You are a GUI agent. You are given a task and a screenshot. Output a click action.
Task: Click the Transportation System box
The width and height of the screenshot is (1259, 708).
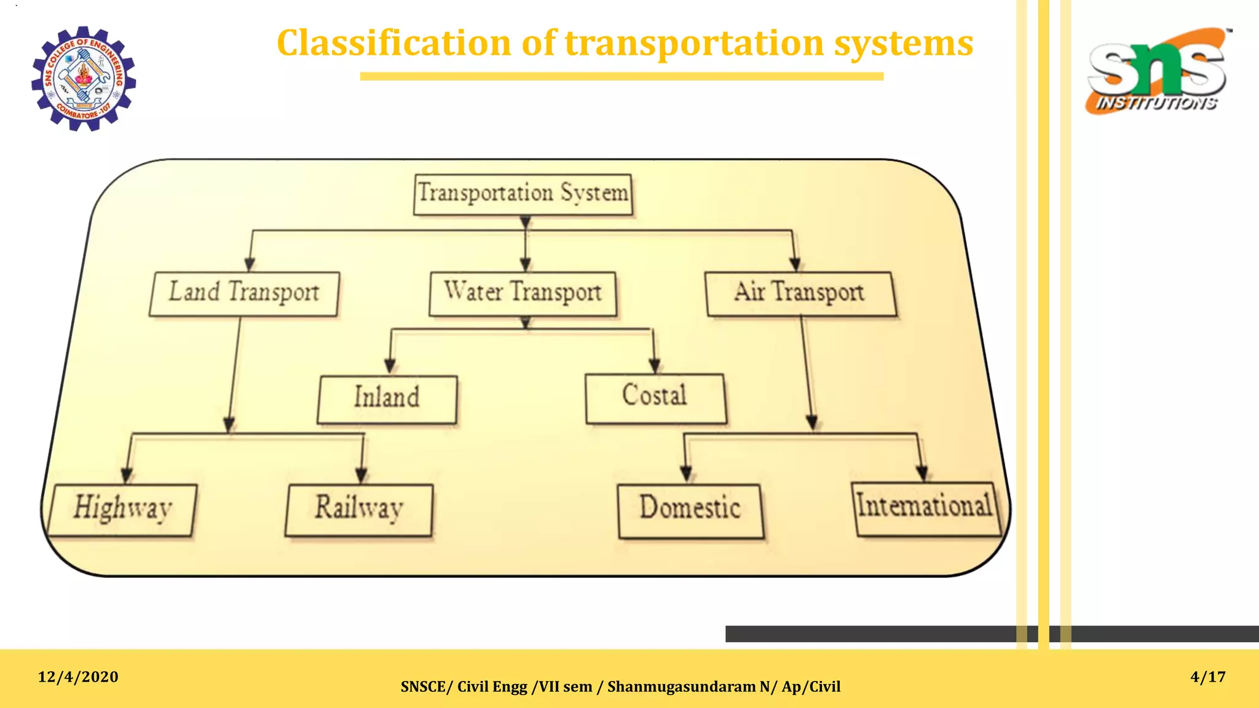523,194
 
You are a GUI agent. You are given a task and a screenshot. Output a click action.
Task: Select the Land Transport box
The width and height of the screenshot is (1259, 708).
244,294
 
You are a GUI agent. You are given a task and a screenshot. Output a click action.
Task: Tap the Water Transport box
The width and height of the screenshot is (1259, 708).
523,294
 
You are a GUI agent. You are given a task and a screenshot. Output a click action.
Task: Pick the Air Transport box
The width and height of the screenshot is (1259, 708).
800,294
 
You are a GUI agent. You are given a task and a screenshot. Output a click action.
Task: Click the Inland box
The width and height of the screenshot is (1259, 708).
387,399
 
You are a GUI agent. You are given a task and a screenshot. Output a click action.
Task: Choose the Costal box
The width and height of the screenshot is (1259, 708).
655,398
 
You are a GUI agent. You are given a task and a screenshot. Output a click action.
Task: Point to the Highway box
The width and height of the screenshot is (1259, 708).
123,509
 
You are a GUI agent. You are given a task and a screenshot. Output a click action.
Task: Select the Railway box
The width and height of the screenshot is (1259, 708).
359,509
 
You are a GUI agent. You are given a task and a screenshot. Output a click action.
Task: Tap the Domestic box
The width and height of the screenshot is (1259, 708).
690,510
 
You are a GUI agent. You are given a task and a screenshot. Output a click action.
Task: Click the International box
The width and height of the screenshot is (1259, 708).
925,508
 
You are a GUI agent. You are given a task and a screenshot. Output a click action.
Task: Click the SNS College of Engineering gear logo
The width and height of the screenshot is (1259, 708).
84,79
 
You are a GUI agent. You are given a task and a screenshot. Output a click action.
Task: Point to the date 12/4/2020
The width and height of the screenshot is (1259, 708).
78,677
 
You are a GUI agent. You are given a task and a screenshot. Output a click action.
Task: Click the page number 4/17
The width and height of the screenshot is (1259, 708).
1207,677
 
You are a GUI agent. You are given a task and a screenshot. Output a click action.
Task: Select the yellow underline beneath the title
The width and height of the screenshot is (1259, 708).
622,76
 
